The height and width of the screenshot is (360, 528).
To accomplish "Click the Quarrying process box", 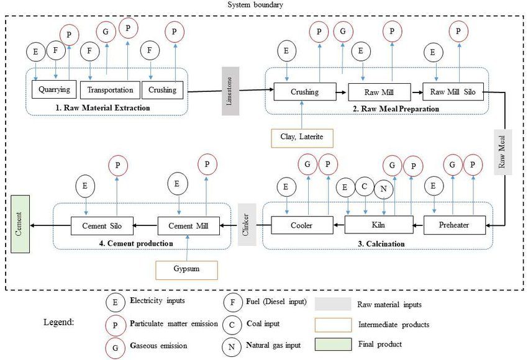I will (53, 89).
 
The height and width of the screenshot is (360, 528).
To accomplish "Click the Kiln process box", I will (379, 225).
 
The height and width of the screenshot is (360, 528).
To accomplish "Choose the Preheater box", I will (455, 225).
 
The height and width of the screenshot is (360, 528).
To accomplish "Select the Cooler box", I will (301, 225).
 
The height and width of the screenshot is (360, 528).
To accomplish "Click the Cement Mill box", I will (188, 225).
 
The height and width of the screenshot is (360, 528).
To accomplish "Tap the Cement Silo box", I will (101, 225).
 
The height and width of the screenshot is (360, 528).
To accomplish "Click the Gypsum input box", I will (187, 270).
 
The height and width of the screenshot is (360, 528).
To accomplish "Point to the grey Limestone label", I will (230, 90).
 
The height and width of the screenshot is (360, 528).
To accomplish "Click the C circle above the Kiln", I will (365, 186).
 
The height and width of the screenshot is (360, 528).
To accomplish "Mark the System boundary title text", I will (254, 5).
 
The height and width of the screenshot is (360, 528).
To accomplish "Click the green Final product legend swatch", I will (333, 344).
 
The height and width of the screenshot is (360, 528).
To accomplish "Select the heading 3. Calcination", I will (382, 244).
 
